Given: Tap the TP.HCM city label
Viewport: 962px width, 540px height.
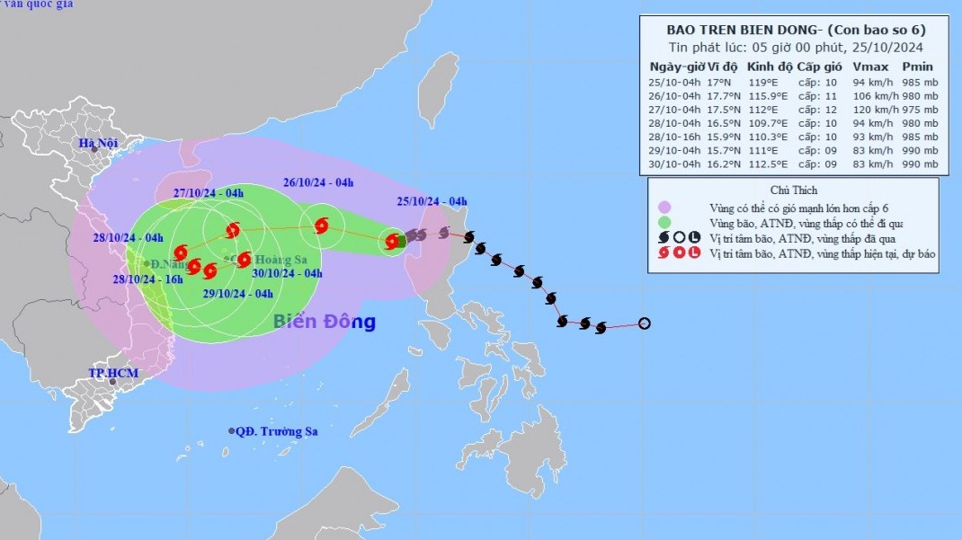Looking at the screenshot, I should [111, 372].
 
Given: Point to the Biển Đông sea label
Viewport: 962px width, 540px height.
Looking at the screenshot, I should [324, 322].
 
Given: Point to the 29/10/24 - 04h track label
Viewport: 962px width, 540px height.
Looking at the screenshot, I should [237, 294].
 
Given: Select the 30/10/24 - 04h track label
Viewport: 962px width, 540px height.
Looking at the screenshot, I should [287, 273].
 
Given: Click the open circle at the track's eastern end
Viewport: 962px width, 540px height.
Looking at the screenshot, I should [644, 323].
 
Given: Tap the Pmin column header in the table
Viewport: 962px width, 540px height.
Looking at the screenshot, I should [917, 66].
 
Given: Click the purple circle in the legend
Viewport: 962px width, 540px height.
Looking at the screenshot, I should [664, 207].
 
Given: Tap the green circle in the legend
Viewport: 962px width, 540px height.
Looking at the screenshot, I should [664, 222].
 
